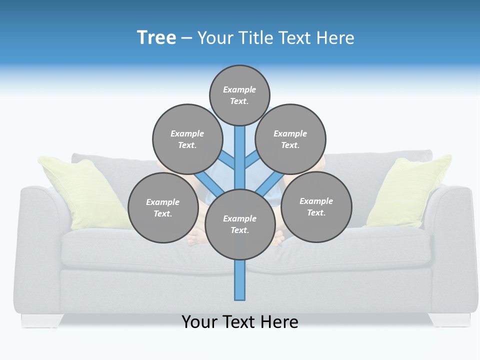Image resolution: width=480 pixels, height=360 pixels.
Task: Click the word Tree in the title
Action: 156,37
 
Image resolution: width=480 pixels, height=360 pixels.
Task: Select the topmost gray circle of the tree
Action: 239,95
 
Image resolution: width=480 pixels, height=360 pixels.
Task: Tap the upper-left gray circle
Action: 187,139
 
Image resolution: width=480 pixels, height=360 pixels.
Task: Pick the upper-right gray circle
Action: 290,139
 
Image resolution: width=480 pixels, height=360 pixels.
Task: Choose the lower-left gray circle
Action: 163,207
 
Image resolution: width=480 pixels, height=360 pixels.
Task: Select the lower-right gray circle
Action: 316,206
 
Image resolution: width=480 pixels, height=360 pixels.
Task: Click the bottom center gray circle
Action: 240,224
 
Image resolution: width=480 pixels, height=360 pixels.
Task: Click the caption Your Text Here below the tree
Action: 240,321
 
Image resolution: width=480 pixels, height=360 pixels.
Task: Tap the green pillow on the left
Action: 82,192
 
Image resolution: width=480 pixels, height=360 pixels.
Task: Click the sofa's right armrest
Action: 450,235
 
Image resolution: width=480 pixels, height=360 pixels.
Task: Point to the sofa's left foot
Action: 42,320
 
